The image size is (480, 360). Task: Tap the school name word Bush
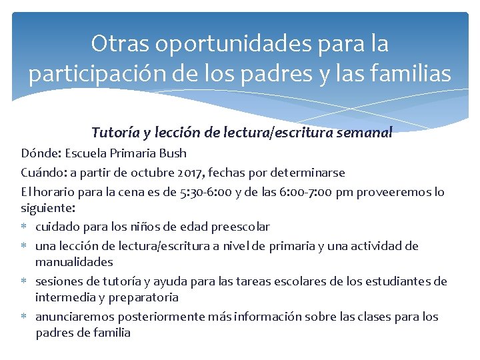tap(173, 153)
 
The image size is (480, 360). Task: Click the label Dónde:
tap(41, 153)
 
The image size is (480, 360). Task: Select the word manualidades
tap(74, 262)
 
